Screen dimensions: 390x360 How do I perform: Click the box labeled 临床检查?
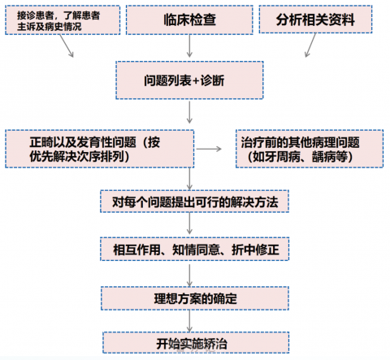tap(189, 20)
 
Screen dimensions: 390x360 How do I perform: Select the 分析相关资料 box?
tap(315, 19)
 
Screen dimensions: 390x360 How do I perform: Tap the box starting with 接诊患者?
tap(63, 20)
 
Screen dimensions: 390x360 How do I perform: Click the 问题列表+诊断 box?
tap(189, 80)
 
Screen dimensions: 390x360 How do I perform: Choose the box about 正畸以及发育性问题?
tap(100, 149)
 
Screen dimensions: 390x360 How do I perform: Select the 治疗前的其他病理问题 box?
tap(310, 149)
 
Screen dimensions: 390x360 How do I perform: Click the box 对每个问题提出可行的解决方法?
tap(194, 202)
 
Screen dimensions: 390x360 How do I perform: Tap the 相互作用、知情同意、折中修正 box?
tap(194, 249)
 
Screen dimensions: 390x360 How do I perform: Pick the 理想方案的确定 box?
tap(195, 298)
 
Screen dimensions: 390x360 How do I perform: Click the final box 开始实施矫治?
tap(196, 342)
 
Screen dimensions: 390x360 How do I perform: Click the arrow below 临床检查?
tap(189, 46)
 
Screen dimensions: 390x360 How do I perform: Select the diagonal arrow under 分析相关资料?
tap(310, 46)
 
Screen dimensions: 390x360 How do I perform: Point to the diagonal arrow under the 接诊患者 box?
tap(67, 46)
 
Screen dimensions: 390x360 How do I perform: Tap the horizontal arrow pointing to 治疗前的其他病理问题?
tap(209, 149)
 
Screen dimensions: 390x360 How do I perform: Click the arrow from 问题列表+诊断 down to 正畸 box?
tap(189, 112)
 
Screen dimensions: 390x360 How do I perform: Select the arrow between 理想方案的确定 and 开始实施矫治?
tap(189, 321)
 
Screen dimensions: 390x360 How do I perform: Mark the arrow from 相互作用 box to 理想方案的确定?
tap(189, 275)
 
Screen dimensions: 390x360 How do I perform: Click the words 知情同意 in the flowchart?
tap(197, 249)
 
